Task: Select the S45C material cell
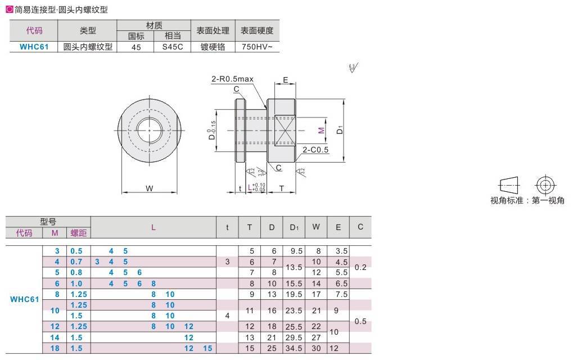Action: [x=173, y=47]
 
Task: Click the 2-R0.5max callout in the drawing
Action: [x=233, y=80]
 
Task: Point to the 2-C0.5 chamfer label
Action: [x=315, y=150]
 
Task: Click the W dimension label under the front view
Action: [x=150, y=188]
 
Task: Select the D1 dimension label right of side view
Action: [x=340, y=130]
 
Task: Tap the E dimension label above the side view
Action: [x=285, y=80]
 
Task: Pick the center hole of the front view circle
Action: [x=150, y=130]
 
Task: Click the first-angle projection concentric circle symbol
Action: [x=544, y=184]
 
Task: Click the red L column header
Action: [x=153, y=227]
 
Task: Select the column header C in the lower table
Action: [x=360, y=227]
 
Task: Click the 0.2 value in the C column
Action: [x=360, y=267]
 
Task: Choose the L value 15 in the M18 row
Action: [x=207, y=348]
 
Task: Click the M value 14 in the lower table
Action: [x=55, y=337]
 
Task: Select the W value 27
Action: [x=316, y=337]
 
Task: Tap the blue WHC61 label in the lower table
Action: [x=24, y=299]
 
